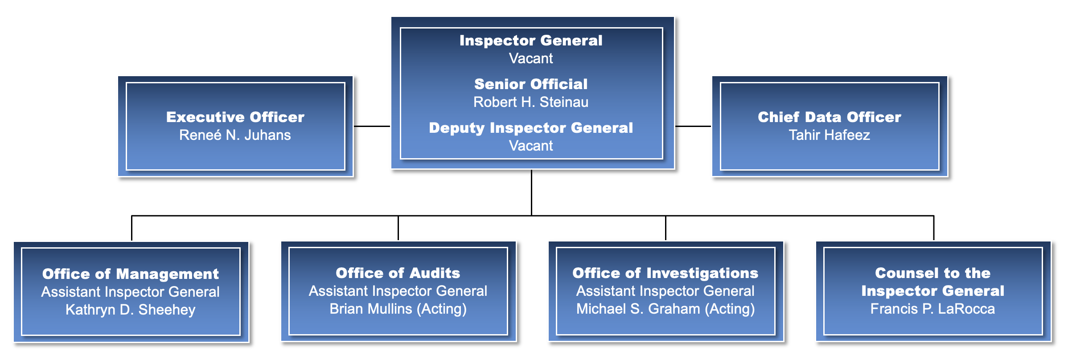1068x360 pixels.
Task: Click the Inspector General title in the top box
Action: pyautogui.click(x=530, y=41)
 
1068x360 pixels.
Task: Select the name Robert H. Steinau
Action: pyautogui.click(x=530, y=102)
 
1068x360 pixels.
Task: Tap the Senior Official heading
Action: pyautogui.click(x=530, y=84)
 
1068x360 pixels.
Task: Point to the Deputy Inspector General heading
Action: pyautogui.click(x=530, y=128)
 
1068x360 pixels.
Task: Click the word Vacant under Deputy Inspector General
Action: pyautogui.click(x=530, y=146)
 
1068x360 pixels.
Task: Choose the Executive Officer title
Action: pyautogui.click(x=235, y=117)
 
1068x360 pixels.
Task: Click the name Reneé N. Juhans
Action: pyautogui.click(x=235, y=135)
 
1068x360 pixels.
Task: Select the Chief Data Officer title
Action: pyautogui.click(x=829, y=117)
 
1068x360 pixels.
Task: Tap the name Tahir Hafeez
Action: pyautogui.click(x=829, y=135)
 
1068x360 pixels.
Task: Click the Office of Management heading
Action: pyautogui.click(x=131, y=274)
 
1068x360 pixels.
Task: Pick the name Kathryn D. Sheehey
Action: pyautogui.click(x=131, y=310)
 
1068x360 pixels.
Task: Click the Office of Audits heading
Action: pyautogui.click(x=398, y=273)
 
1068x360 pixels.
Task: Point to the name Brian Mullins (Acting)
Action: pyautogui.click(x=398, y=309)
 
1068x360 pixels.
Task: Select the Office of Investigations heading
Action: pyautogui.click(x=665, y=273)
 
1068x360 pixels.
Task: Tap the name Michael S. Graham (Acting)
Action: pyautogui.click(x=665, y=309)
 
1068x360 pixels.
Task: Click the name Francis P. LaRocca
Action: pyautogui.click(x=932, y=309)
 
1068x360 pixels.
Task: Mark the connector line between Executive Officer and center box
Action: pyautogui.click(x=372, y=126)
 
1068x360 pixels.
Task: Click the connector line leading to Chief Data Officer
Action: pyautogui.click(x=693, y=126)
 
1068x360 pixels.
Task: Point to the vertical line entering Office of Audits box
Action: pyautogui.click(x=398, y=228)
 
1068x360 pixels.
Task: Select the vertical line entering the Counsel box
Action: pyautogui.click(x=933, y=228)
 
